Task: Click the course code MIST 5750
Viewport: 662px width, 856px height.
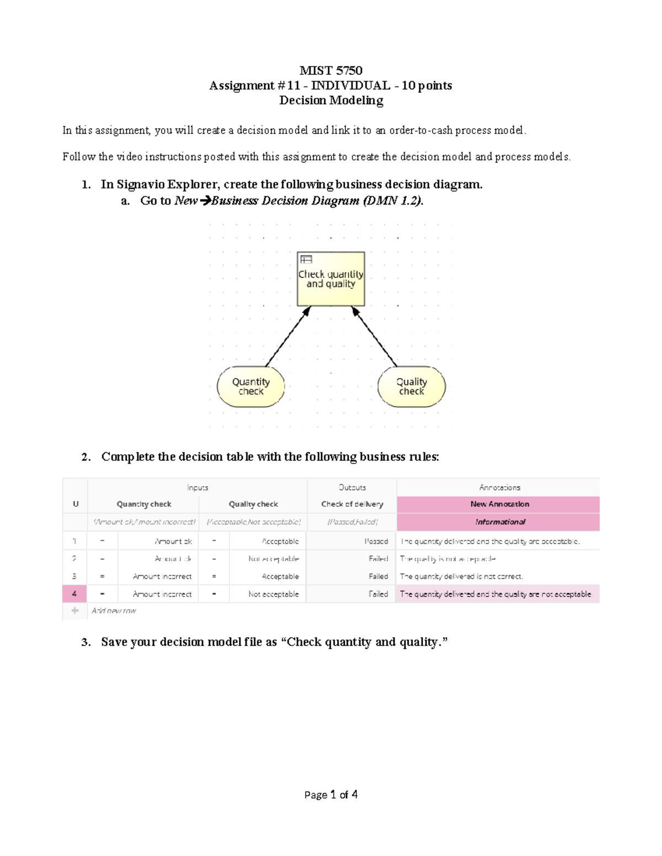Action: point(330,71)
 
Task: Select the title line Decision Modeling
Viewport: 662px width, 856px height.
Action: point(330,100)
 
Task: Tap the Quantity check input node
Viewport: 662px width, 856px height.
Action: point(251,386)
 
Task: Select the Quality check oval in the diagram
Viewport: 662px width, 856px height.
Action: point(412,386)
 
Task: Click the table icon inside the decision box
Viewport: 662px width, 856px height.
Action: point(306,259)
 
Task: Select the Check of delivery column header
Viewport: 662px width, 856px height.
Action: point(352,504)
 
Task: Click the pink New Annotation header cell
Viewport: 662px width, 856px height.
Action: point(499,504)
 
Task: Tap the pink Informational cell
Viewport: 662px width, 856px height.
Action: point(499,522)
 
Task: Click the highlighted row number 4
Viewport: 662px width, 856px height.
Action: point(74,594)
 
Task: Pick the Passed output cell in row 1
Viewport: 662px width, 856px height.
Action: point(376,541)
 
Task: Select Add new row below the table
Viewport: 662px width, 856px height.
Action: point(114,611)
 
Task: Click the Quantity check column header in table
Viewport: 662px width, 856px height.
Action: point(144,504)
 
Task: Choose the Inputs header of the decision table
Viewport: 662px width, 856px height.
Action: point(197,487)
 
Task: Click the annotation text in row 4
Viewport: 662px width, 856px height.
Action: point(495,594)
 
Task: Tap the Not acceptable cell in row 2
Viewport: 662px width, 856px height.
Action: point(274,559)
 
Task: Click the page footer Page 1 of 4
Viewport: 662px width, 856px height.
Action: point(330,794)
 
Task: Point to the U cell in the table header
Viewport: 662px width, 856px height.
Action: point(76,504)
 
